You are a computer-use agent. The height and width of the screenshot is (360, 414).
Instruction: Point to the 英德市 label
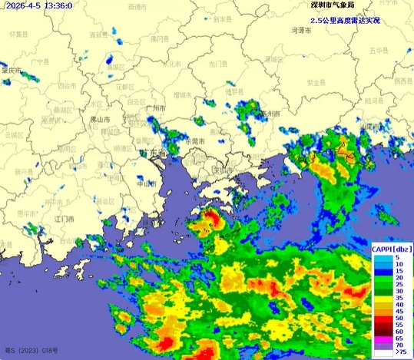[x=139, y=7]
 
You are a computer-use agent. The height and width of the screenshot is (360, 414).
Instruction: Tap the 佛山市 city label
[x=100, y=121]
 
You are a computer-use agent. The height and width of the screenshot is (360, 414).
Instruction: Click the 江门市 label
[x=65, y=220]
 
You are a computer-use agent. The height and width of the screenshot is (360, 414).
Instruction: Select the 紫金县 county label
[x=318, y=82]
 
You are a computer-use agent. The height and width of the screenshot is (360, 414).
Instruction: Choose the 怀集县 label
[x=19, y=35]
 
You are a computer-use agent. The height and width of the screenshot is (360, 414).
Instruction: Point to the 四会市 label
[x=59, y=85]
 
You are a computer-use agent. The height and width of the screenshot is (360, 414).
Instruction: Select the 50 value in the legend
[x=399, y=316]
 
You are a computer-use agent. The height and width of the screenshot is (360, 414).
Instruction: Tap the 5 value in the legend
[x=398, y=258]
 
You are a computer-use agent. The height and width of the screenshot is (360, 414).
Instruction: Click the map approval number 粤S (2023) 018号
[x=31, y=351]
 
